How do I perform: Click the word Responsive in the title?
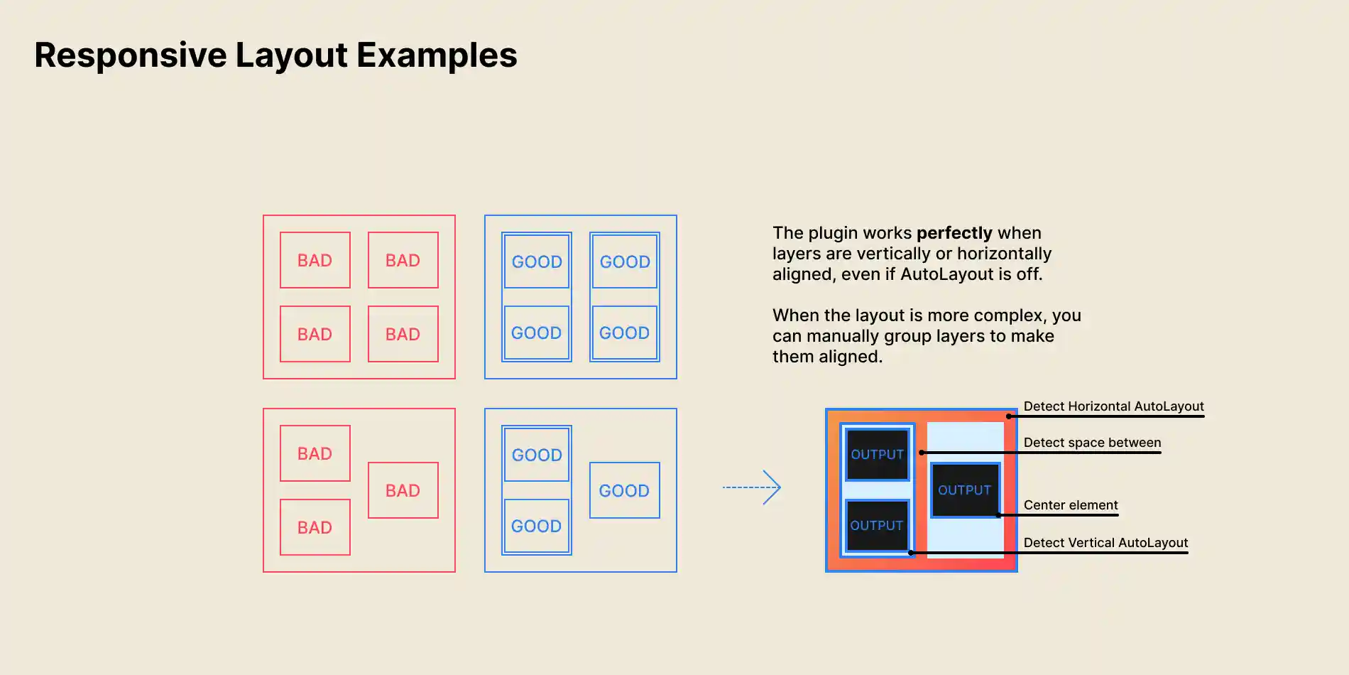[x=131, y=55]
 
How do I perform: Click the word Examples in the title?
[x=437, y=55]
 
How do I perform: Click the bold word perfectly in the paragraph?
[x=954, y=233]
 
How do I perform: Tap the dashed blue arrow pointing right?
[x=752, y=487]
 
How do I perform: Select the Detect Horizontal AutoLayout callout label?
[x=1113, y=406]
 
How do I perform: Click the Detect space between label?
[x=1092, y=443]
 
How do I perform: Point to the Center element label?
[x=1071, y=505]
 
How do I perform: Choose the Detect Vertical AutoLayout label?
[x=1105, y=543]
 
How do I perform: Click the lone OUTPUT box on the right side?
[x=965, y=490]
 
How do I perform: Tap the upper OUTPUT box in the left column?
[x=878, y=455]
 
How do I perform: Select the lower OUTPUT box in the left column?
[x=877, y=526]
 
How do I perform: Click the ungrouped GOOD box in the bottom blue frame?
[x=624, y=490]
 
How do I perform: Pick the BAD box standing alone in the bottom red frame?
[x=403, y=490]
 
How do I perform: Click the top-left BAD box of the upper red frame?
[x=315, y=260]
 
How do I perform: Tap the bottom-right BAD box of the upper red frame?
[x=403, y=334]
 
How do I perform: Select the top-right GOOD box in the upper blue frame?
[x=625, y=261]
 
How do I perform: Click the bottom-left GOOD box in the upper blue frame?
[x=536, y=333]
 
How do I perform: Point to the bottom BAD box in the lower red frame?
[x=315, y=527]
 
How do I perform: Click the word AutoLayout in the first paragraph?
[x=946, y=274]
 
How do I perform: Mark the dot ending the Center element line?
[x=998, y=515]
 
